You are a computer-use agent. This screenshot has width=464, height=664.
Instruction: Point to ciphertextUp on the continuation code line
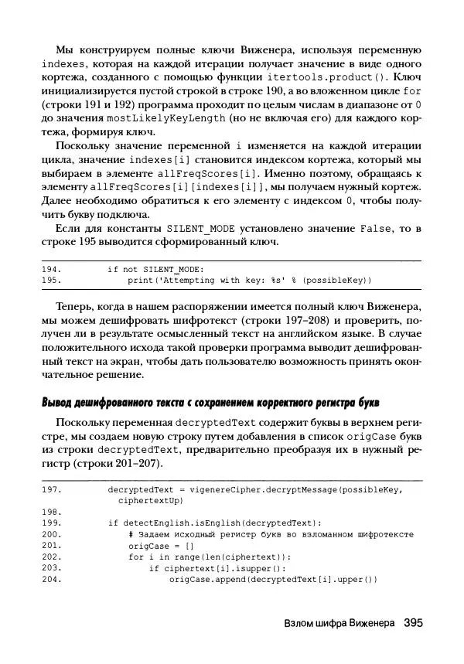[x=148, y=500]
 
